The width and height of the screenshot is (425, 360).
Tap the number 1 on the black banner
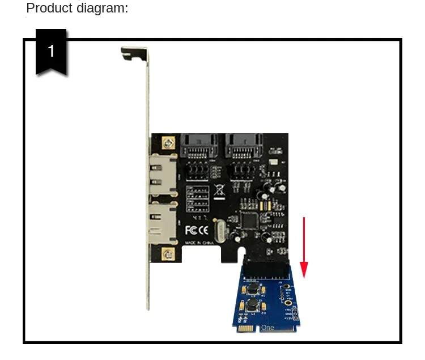point(51,52)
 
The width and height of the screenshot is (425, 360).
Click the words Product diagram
point(77,9)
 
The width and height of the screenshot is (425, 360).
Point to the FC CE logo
point(197,230)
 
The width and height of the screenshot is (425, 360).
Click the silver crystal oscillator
point(219,232)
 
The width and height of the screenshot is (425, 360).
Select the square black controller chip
point(249,219)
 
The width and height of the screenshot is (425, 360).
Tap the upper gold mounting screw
point(167,142)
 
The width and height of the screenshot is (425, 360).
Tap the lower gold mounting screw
point(167,255)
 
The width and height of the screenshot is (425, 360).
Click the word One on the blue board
point(267,328)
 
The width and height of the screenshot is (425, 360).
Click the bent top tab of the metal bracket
point(134,52)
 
